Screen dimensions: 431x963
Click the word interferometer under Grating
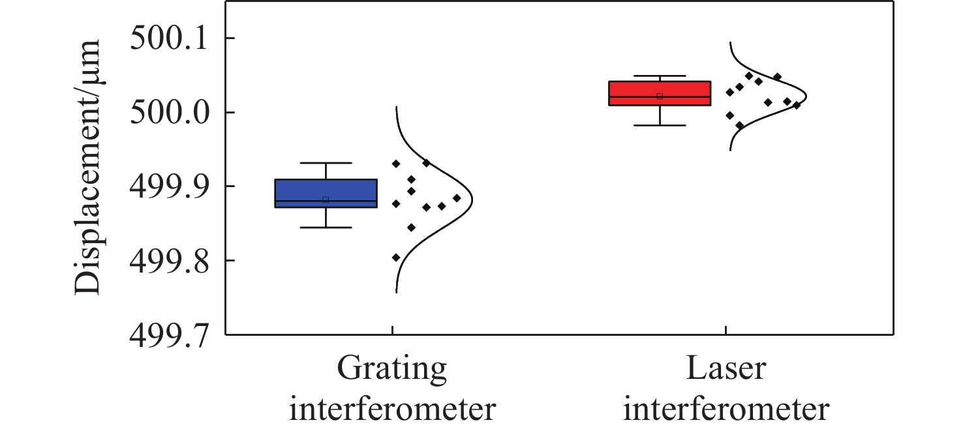392,410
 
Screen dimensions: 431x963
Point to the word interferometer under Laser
726,410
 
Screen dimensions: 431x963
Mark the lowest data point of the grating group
396,258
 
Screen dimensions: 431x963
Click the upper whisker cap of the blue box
326,163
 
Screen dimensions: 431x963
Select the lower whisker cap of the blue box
326,228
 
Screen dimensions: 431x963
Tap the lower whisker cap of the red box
659,125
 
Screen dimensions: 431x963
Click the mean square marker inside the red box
660,97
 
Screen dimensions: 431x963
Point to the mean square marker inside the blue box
326,200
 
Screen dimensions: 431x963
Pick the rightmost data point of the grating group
457,198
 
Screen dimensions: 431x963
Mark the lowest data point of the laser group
739,125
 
